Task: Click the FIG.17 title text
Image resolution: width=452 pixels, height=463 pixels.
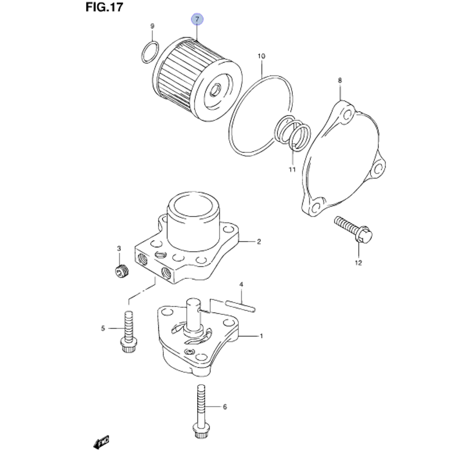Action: coord(104,8)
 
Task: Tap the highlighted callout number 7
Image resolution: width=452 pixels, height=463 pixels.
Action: coord(198,19)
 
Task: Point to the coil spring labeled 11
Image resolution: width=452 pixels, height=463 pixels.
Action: coord(293,134)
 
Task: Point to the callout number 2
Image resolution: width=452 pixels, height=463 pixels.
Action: coord(259,242)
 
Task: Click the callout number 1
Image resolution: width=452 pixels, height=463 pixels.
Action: coord(261,336)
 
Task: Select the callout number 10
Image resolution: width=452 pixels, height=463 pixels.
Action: coord(261,57)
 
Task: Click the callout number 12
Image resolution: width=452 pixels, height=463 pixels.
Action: coord(358,263)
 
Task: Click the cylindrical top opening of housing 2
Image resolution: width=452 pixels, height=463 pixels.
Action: coord(193,208)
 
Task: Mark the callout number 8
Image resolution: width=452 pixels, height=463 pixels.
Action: coord(340,80)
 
